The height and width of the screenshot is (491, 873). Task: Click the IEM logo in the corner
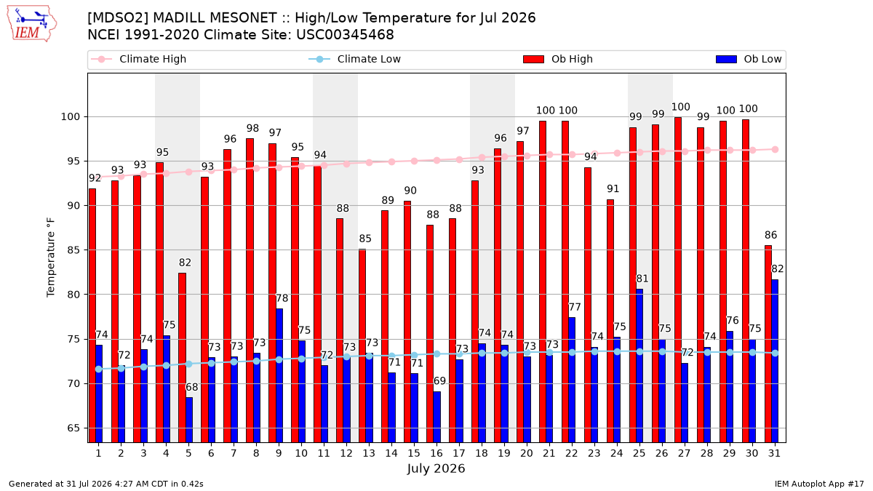31,24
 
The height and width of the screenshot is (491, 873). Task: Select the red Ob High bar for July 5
182,358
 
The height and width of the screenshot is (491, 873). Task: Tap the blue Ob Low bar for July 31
775,362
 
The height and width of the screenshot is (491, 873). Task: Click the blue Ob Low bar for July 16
437,417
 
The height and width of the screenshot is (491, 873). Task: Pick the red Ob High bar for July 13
362,346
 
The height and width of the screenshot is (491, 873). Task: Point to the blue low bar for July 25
639,366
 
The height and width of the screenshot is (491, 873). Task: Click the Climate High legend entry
138,59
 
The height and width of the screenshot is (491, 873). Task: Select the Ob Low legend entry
749,59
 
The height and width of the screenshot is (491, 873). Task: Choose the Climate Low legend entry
355,59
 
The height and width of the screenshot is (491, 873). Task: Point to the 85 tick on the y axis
73,250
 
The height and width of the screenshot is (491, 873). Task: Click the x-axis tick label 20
527,453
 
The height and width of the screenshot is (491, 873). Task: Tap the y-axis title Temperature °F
51,258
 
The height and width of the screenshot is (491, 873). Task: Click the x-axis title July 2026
436,468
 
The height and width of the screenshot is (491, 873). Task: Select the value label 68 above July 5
192,387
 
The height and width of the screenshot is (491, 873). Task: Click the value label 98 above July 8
252,128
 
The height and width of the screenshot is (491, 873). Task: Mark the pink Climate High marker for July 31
775,150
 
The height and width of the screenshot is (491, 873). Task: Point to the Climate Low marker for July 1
99,369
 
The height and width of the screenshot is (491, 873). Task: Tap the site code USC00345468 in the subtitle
345,35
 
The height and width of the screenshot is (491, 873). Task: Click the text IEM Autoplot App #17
819,484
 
